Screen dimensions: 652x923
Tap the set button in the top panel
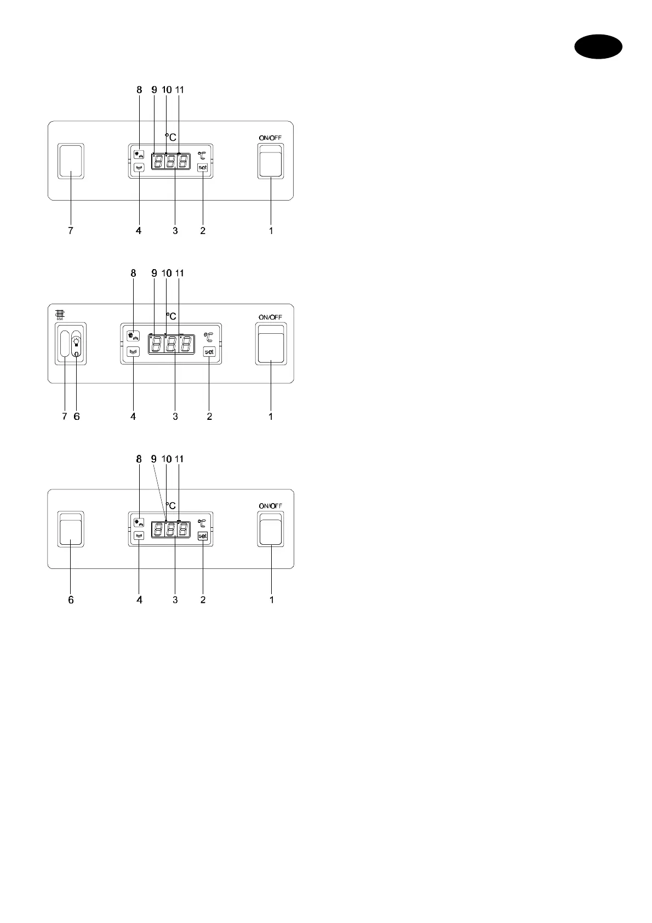[203, 167]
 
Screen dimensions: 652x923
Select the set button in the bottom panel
[203, 536]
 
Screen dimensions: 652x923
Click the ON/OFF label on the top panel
[271, 138]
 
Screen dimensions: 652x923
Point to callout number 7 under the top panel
[70, 231]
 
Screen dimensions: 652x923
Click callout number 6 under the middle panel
[77, 417]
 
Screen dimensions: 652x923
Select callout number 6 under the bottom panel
[71, 600]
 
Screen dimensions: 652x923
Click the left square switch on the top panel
[71, 161]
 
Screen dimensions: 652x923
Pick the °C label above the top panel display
[171, 137]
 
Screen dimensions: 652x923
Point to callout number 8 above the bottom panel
[139, 459]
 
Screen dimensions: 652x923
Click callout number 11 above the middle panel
[179, 273]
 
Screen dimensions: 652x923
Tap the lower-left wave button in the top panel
[139, 168]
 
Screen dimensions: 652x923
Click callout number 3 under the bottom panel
[175, 600]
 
